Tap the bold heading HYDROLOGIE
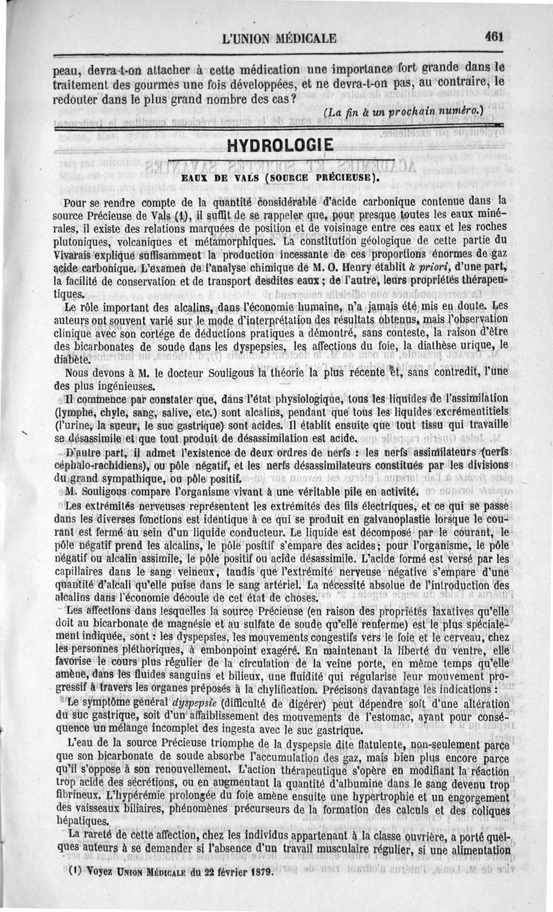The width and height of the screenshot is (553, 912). click(x=280, y=147)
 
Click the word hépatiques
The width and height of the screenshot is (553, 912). click(x=81, y=821)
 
